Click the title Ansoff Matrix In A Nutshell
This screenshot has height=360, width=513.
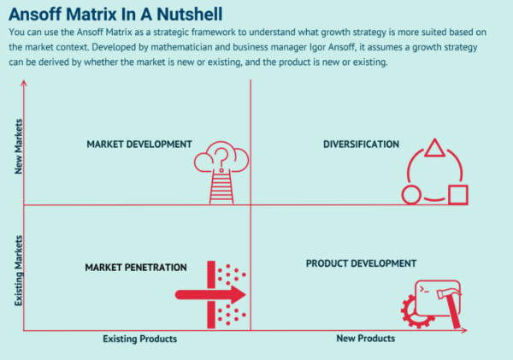pyautogui.click(x=115, y=14)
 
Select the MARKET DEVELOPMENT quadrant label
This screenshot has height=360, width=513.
pyautogui.click(x=139, y=145)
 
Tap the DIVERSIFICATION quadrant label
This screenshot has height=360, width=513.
pyautogui.click(x=361, y=145)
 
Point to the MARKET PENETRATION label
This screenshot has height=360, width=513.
pyautogui.click(x=136, y=268)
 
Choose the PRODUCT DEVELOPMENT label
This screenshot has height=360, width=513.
pyautogui.click(x=361, y=263)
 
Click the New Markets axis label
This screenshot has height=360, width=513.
pyautogui.click(x=19, y=146)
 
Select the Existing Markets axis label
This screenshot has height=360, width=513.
pyautogui.click(x=19, y=271)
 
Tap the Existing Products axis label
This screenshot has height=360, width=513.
pyautogui.click(x=140, y=339)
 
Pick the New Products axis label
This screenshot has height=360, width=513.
pyautogui.click(x=366, y=339)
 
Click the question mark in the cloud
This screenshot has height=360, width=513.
pyautogui.click(x=221, y=159)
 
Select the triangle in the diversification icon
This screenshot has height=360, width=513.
pyautogui.click(x=435, y=148)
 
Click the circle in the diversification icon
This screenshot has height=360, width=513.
pyautogui.click(x=411, y=195)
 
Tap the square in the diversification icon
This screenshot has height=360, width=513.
pyautogui.click(x=458, y=195)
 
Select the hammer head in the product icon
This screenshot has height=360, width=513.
pyautogui.click(x=449, y=293)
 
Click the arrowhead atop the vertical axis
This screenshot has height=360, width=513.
pyautogui.click(x=24, y=83)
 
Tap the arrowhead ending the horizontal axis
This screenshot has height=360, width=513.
pyautogui.click(x=464, y=331)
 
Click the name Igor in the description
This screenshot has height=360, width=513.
pyautogui.click(x=317, y=47)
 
